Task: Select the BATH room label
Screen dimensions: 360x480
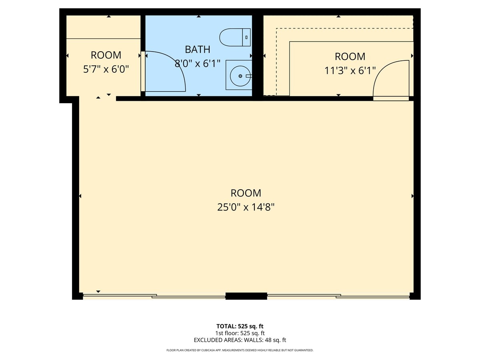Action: [198, 50]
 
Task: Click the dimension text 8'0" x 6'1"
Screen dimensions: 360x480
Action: [198, 63]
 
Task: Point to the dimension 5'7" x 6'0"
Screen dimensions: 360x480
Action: [106, 69]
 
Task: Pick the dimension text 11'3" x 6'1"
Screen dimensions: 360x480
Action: [350, 71]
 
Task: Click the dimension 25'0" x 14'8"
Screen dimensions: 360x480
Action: [246, 207]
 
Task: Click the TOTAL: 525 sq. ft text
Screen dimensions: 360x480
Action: [240, 326]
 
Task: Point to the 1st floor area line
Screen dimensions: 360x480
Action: [240, 333]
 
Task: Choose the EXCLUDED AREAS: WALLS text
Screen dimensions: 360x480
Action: [240, 340]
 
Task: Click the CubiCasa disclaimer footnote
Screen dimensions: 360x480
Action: [240, 350]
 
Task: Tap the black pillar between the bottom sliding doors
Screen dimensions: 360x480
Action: [246, 296]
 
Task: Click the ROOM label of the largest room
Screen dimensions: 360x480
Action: [246, 193]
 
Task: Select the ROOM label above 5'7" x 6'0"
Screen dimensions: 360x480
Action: [106, 55]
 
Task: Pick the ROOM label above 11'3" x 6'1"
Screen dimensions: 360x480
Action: [350, 56]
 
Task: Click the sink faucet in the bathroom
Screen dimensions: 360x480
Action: [248, 76]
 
